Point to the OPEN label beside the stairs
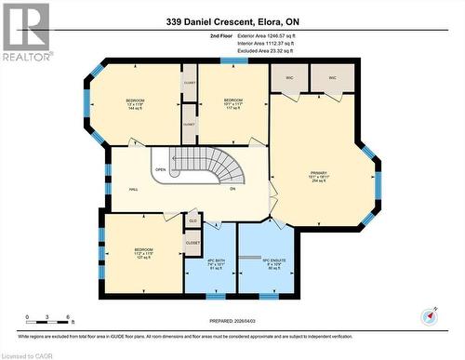click(160, 170)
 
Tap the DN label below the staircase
click(232, 189)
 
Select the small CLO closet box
click(193, 220)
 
